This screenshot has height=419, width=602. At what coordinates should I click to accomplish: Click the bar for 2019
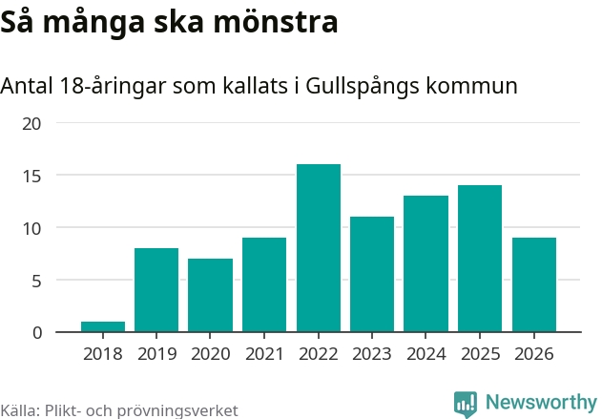point(156,290)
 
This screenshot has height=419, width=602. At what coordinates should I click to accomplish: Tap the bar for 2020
point(211,296)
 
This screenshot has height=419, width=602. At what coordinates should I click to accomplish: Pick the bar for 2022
point(319,248)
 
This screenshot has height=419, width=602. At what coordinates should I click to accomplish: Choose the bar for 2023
point(372,275)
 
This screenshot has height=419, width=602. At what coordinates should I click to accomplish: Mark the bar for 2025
point(480,259)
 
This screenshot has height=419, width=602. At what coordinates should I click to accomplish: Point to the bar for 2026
point(534,285)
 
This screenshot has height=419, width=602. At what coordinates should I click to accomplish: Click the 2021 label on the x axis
point(264,354)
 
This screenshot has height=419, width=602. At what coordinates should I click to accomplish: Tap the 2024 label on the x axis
point(426,354)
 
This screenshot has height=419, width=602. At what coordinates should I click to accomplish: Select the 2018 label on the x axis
point(103,354)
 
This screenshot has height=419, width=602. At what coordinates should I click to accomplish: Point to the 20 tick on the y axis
point(32,124)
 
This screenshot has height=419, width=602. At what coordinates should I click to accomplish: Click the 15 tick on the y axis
point(32,176)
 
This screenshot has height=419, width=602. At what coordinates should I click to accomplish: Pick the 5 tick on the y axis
point(37,281)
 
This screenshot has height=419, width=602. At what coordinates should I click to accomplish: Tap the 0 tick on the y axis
point(37,332)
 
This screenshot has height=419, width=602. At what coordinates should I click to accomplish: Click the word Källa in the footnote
point(19,410)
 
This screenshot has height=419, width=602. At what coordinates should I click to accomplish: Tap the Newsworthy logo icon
point(466,403)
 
